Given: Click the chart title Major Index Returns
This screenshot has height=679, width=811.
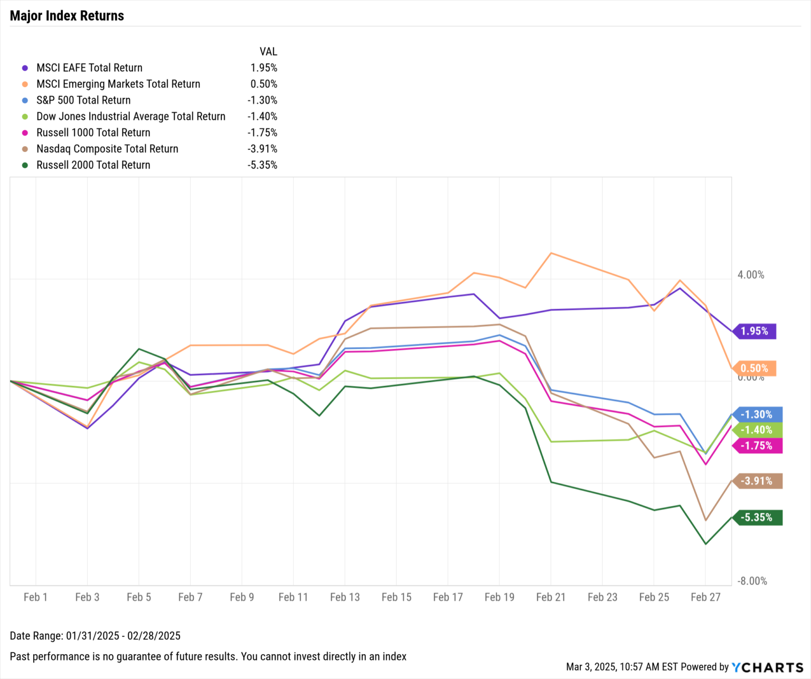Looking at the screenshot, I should point(67,16).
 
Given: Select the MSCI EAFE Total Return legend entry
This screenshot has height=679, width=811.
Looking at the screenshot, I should point(89,68).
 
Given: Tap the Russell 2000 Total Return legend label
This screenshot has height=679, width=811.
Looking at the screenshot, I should point(93,165).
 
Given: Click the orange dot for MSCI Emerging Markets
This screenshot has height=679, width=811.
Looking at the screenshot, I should point(25,84).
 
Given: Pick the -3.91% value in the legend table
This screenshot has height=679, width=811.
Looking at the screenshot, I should point(262,149).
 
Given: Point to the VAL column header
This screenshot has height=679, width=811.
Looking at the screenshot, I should point(268,52).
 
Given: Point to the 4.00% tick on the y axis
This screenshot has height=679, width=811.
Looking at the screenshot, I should point(750,275).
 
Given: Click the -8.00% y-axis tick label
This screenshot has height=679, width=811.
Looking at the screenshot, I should point(752,581).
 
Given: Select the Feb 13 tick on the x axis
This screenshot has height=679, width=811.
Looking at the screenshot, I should point(345,597).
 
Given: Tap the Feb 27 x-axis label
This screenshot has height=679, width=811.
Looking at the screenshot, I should point(705,597).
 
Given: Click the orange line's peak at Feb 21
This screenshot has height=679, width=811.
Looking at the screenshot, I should point(551,253).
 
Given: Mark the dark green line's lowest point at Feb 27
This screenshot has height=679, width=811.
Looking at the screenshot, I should point(705,544).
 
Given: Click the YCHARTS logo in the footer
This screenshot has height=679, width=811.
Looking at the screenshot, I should point(767,667).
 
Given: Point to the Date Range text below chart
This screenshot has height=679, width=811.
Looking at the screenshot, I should point(95,636).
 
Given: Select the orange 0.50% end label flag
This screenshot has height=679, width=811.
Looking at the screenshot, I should point(754,369).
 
